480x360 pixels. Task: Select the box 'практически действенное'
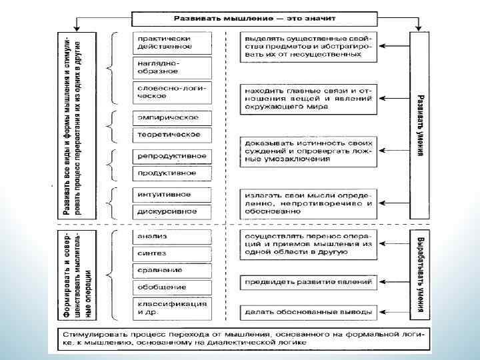[x=171, y=41]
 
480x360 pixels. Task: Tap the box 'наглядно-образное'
[x=171, y=66]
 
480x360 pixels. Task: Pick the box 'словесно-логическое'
[x=171, y=91]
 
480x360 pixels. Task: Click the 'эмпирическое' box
[x=171, y=117]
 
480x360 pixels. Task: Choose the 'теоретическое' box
[x=171, y=135]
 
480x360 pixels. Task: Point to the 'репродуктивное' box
[x=171, y=156]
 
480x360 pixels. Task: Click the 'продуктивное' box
[x=171, y=173]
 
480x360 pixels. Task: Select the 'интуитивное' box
[x=171, y=194]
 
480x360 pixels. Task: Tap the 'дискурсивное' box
[x=171, y=211]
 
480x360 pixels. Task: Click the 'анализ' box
[x=171, y=236]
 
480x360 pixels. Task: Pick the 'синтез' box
[x=171, y=253]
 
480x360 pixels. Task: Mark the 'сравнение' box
[x=171, y=270]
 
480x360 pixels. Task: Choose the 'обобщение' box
[x=171, y=287]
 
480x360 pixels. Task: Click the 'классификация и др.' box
[x=171, y=308]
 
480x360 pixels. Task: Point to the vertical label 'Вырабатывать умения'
[x=420, y=275]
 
